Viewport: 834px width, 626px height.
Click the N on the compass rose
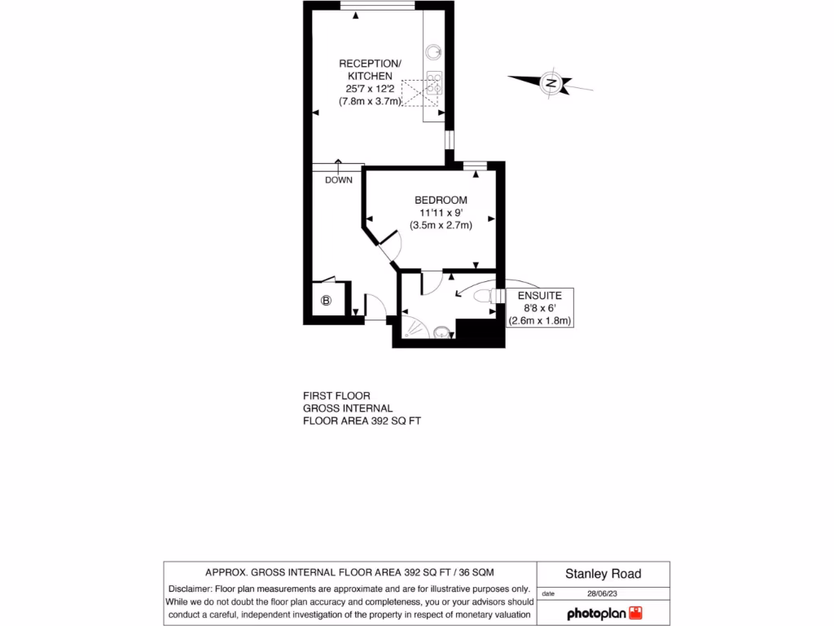[551, 82]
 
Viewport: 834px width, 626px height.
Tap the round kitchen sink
[432, 52]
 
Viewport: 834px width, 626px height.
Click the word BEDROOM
[441, 201]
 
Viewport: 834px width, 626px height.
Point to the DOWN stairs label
[338, 180]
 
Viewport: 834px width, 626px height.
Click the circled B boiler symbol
[327, 301]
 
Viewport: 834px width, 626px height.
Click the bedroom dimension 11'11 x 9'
[441, 213]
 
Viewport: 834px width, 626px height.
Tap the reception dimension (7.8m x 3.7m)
[371, 101]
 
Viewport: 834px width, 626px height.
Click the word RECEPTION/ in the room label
[371, 64]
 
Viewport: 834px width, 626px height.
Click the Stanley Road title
[604, 574]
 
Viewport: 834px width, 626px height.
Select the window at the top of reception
[377, 7]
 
